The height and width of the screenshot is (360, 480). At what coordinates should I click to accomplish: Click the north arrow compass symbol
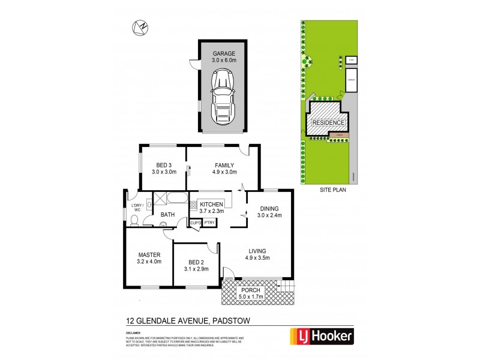141,26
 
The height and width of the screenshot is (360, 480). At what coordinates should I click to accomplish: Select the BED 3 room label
164,166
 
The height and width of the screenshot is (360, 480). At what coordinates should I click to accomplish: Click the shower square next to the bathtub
161,199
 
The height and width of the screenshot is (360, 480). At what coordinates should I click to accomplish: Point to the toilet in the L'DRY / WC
136,221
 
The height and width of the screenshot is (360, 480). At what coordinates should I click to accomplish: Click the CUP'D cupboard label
196,223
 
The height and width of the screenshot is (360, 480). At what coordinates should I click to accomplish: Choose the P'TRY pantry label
209,223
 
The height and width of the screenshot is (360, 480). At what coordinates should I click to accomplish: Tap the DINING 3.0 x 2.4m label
269,212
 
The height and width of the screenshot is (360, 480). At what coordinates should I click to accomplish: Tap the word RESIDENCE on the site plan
328,123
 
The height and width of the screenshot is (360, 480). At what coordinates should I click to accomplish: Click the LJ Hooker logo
322,336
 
